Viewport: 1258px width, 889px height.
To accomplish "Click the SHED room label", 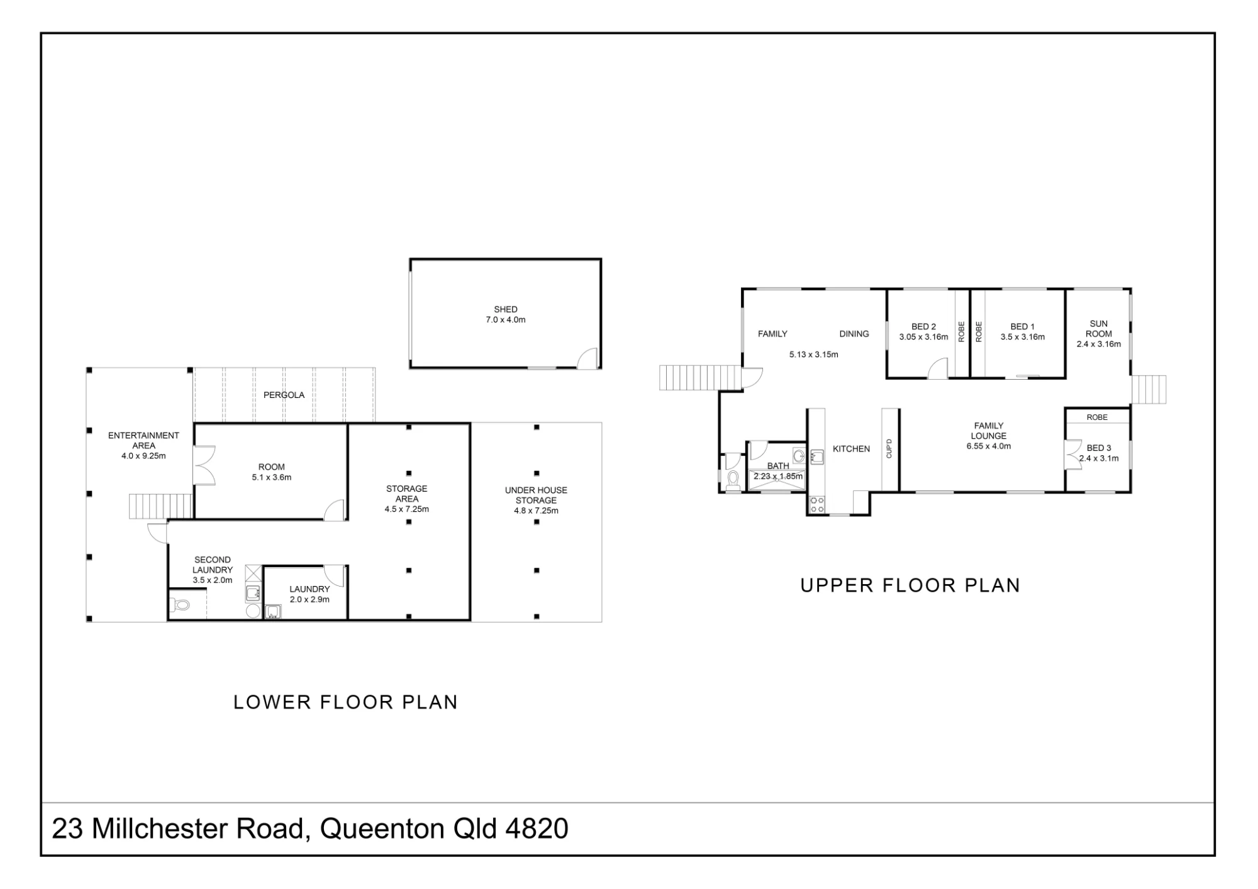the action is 506,309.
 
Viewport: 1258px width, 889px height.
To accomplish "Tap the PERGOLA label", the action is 284,395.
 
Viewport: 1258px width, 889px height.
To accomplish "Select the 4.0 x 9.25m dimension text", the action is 143,456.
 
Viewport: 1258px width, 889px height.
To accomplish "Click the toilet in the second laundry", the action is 180,605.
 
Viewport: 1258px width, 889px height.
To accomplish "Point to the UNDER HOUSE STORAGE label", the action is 536,495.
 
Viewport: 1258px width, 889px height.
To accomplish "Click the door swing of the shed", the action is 587,358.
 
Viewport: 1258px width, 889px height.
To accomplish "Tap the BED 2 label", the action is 923,326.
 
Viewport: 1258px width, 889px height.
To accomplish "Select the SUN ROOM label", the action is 1099,329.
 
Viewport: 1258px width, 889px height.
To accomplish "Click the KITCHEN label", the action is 851,449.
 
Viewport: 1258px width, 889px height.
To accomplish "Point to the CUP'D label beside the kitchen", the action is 889,448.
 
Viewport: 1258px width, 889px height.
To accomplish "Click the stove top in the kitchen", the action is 816,504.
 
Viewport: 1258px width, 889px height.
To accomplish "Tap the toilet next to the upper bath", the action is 732,480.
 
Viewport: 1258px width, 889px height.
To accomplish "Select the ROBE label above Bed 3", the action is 1097,417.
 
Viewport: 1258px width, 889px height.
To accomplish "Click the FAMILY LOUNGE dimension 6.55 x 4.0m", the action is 989,446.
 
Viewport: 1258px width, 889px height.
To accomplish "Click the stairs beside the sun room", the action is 1149,390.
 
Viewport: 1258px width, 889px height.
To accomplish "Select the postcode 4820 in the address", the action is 537,829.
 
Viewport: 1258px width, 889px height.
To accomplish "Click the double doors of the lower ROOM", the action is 204,465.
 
